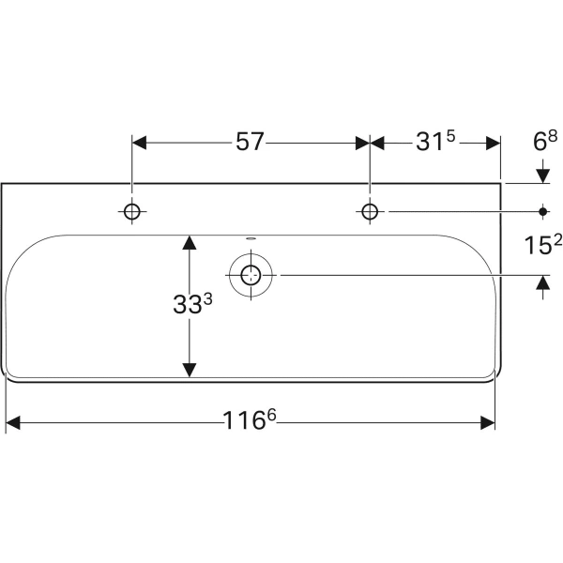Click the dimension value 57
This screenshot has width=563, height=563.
click(249, 143)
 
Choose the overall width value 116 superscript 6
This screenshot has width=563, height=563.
click(250, 423)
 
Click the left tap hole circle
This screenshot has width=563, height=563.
click(131, 211)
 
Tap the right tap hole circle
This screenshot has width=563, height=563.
click(370, 211)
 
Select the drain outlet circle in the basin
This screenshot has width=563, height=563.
click(251, 275)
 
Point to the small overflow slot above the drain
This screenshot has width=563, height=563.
click(251, 238)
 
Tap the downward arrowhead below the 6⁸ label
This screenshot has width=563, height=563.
click(543, 175)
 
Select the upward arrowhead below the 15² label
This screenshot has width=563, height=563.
click(543, 282)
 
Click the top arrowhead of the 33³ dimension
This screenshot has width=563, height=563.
click(190, 242)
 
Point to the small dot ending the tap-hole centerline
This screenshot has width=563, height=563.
click(543, 211)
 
